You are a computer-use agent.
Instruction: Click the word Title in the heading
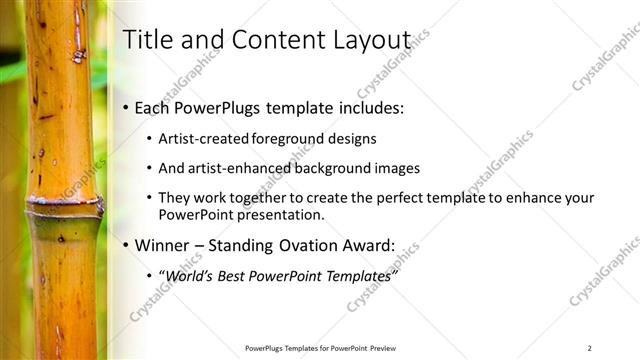[x=146, y=40]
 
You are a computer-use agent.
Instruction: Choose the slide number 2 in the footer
[x=589, y=348]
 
